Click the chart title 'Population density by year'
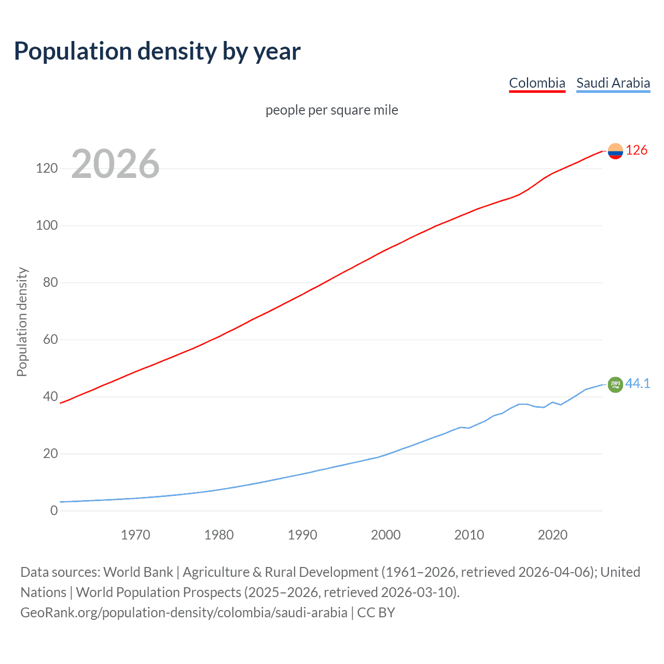[157, 51]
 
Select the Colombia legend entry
[537, 83]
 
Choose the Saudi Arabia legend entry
[613, 83]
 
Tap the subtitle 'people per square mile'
[331, 110]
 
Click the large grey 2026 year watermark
[115, 164]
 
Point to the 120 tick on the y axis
[47, 169]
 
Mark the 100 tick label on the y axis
[47, 226]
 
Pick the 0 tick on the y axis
[54, 510]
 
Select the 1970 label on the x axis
[135, 535]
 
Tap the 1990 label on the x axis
[302, 535]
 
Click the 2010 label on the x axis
[469, 535]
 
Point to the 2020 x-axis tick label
[552, 535]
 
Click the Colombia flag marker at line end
[615, 151]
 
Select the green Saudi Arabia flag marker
[615, 384]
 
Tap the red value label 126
[637, 150]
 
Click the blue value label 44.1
[638, 384]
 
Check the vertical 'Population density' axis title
[22, 322]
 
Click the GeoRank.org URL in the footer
[184, 613]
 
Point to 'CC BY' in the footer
[376, 613]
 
